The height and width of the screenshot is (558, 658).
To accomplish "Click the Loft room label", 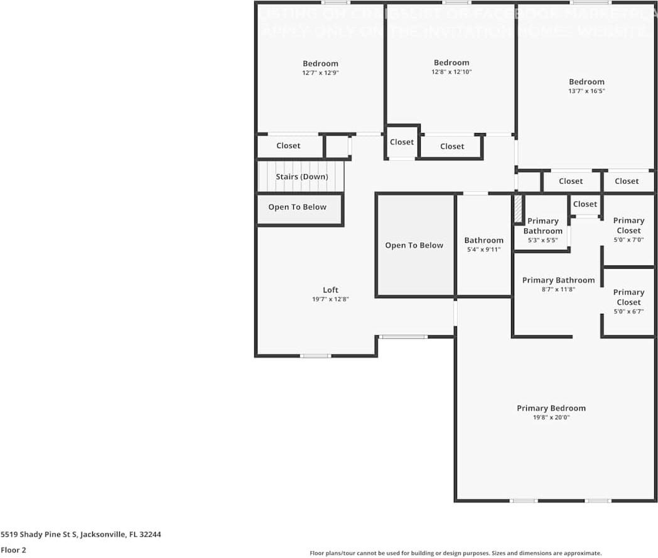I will [330, 289].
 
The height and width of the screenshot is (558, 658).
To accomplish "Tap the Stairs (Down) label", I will [301, 176].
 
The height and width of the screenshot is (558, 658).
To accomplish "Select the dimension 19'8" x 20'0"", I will [551, 417].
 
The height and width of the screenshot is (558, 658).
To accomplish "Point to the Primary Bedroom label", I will [551, 408].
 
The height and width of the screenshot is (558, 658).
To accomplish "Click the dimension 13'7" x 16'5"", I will [586, 91].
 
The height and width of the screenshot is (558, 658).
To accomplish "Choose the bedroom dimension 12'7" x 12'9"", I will [320, 73].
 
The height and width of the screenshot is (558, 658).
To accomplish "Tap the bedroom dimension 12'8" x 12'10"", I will [451, 72].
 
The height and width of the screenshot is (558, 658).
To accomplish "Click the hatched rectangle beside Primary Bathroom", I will [518, 210].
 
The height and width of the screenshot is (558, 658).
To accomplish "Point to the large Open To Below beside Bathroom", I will [414, 245].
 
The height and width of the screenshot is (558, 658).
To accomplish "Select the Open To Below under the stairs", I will [297, 207].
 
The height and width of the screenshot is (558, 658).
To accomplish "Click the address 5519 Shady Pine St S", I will [80, 534].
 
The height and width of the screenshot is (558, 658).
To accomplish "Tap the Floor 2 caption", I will [13, 550].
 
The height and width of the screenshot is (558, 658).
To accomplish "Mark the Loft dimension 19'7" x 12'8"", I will [330, 299].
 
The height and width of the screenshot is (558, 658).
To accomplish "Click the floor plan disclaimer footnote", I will [455, 553].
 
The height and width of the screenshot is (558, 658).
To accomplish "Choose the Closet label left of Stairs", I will [288, 146].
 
